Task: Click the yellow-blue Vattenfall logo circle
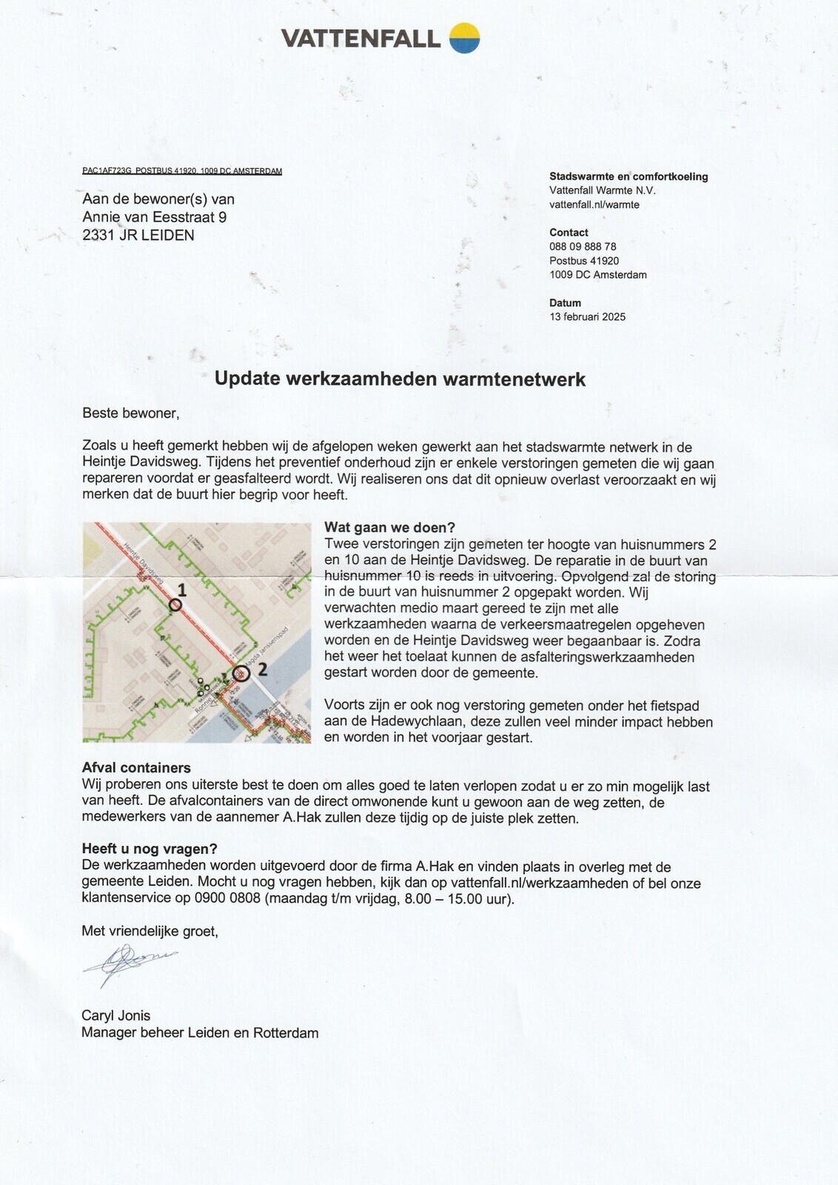(x=465, y=38)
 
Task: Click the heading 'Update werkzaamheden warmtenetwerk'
(x=400, y=379)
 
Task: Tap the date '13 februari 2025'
(x=587, y=317)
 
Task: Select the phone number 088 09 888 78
(x=583, y=247)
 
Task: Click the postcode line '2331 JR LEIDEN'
(x=138, y=236)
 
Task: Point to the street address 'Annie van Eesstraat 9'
(x=155, y=217)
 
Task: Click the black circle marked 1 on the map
(x=175, y=604)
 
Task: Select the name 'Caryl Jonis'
(x=116, y=1015)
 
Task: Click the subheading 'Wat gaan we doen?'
(x=390, y=527)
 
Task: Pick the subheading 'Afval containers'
(x=136, y=768)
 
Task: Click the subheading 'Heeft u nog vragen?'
(x=150, y=849)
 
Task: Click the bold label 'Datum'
(x=565, y=303)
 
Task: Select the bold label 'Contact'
(x=569, y=233)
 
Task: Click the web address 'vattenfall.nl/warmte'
(x=594, y=204)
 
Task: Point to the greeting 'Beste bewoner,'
(x=130, y=413)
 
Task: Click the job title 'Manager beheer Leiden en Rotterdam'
(x=200, y=1032)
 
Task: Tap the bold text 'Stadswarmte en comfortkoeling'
(x=628, y=176)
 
